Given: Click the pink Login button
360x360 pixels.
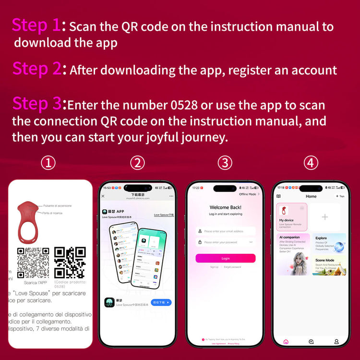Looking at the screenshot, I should pos(225,258).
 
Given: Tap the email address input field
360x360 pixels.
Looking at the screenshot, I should pos(225,231).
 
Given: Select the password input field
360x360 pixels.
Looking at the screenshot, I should pos(225,242).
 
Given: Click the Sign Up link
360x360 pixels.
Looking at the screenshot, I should pos(214,267).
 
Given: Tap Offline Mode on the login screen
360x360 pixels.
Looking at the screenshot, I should pos(248,194).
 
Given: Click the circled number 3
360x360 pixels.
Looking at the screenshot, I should pos(225,163).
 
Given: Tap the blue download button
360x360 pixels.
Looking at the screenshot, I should pos(161,302).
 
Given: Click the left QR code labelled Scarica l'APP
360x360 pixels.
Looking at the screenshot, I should pos(33,263).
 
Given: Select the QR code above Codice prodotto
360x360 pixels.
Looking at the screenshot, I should pos(70,263).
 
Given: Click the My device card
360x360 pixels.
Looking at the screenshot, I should pos(292,216).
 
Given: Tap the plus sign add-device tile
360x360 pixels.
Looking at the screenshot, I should pos(325,217).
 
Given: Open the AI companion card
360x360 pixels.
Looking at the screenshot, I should pos(292,254).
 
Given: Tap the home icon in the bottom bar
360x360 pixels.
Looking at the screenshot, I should pos(286,342).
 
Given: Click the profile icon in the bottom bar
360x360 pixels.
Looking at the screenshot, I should pos(336,342).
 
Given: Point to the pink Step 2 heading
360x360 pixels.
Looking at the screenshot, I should pos(37,69).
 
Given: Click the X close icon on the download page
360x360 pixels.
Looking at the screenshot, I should pos(103,196).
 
